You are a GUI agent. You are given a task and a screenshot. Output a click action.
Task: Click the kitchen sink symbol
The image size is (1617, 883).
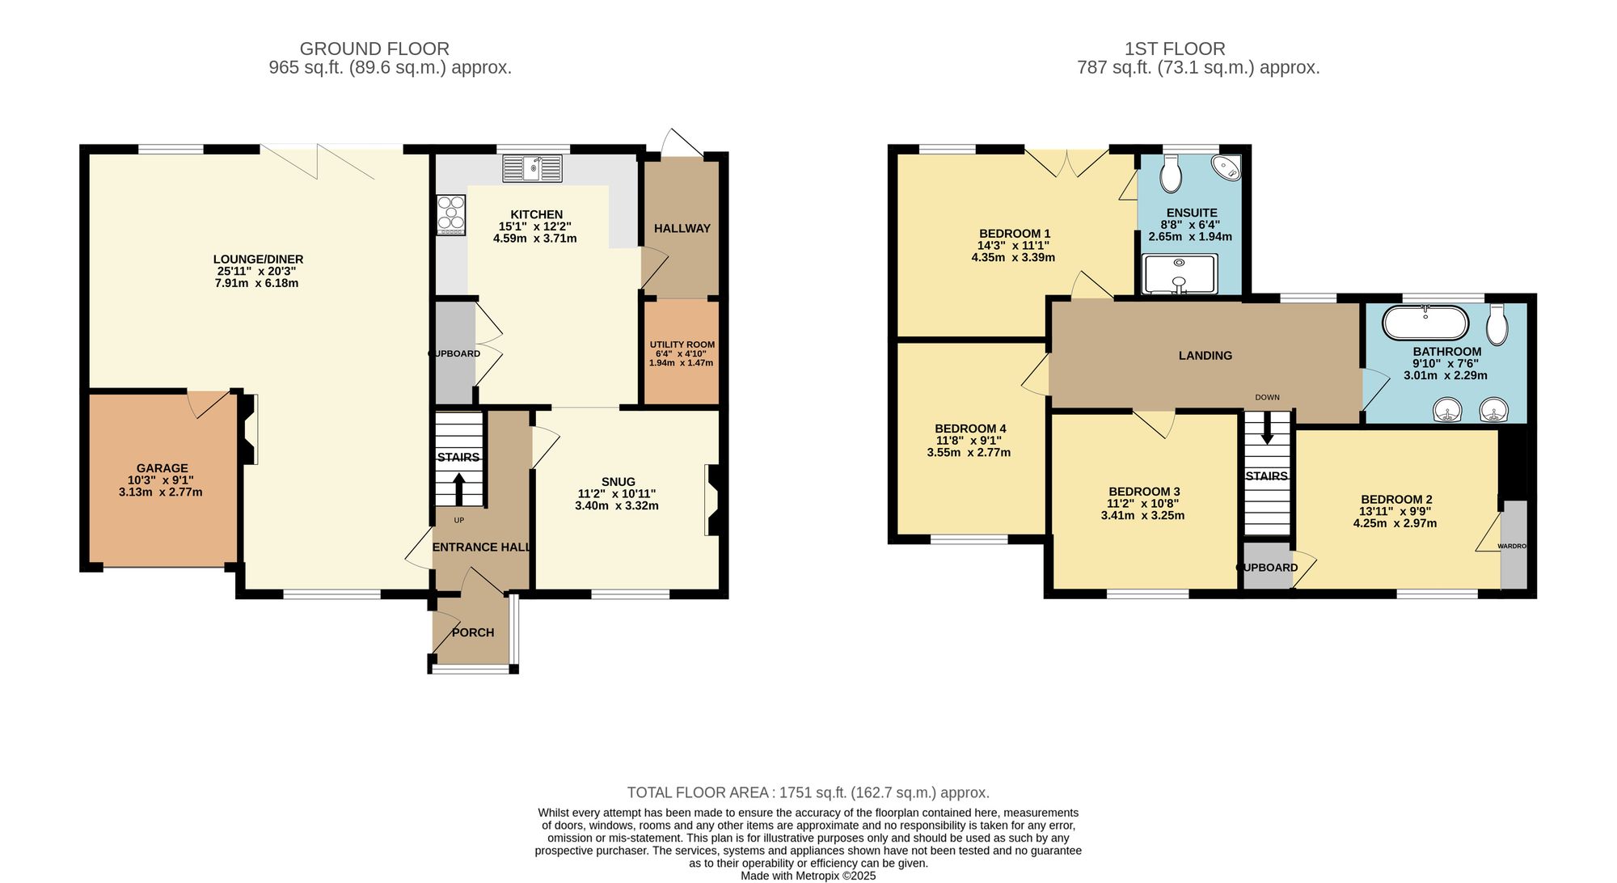point(532,168)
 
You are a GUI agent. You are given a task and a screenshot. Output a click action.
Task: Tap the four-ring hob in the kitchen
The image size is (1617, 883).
point(450,215)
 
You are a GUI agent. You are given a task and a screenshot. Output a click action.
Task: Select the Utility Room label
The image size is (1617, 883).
point(682,344)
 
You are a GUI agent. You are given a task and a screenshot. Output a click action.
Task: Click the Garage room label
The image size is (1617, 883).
point(162,468)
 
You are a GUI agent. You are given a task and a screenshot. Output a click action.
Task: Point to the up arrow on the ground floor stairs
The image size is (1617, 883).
point(458,488)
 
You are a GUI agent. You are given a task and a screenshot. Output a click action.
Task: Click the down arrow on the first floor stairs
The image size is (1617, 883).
point(1267,428)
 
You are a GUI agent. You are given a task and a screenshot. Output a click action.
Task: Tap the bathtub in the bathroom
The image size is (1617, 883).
point(1425,323)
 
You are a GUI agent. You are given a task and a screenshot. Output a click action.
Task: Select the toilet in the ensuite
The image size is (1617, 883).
point(1170,173)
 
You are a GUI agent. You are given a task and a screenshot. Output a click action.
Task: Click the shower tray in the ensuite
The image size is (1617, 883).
point(1179,274)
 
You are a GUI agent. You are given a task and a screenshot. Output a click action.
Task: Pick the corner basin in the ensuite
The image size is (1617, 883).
point(1228,168)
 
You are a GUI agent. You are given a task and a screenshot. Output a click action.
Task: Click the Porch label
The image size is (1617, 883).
point(473,632)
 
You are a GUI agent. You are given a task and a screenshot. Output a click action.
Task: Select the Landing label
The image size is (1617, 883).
point(1205,356)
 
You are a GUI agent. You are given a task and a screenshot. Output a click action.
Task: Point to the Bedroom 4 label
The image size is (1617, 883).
point(970,429)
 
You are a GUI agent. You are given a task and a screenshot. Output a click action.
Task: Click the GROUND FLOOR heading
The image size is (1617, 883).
point(374,49)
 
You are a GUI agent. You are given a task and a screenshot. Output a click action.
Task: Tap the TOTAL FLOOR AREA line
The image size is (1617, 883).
point(808,792)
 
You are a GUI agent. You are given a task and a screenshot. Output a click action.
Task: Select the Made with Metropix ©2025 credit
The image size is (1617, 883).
point(808,876)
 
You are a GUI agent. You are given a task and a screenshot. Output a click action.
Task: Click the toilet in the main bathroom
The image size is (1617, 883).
point(1497,325)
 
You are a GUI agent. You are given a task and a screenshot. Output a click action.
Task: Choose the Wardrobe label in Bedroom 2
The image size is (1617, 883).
point(1512,547)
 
